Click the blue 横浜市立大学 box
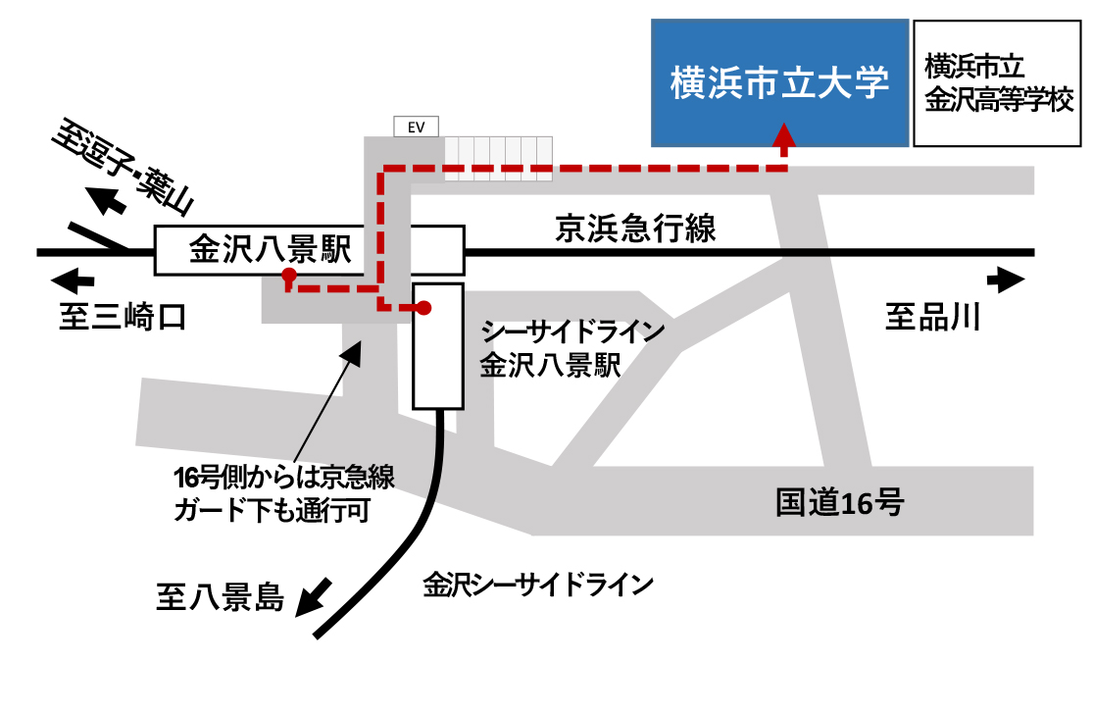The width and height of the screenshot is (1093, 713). pyautogui.click(x=779, y=83)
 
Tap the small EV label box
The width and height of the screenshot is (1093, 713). pyautogui.click(x=416, y=126)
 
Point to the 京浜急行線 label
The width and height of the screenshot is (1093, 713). pyautogui.click(x=636, y=229)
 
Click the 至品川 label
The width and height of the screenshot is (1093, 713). pyautogui.click(x=932, y=318)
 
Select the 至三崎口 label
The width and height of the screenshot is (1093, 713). pyautogui.click(x=122, y=318)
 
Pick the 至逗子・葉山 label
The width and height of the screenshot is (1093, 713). pyautogui.click(x=124, y=168)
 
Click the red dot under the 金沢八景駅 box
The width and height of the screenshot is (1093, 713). pyautogui.click(x=288, y=276)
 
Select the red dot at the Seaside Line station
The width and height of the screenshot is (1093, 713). pyautogui.click(x=424, y=308)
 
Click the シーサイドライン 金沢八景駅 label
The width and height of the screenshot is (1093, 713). pyautogui.click(x=572, y=348)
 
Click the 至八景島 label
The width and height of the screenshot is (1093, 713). pyautogui.click(x=221, y=596)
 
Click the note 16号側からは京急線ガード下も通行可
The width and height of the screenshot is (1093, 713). pyautogui.click(x=283, y=494)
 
